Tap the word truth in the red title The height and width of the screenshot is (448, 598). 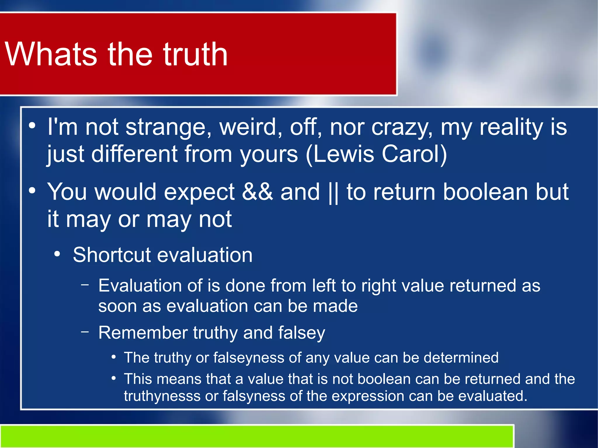click(x=195, y=54)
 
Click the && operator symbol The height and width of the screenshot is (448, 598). click(x=257, y=192)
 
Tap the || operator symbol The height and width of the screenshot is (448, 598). click(x=333, y=192)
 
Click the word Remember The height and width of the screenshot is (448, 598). click(x=143, y=333)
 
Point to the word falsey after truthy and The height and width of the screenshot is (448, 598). click(x=301, y=333)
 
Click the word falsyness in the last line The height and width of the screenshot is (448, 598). click(x=254, y=396)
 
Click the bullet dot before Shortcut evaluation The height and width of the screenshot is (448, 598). click(x=57, y=254)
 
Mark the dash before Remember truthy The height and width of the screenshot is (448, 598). click(x=85, y=332)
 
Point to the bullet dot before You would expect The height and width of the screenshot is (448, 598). click(x=32, y=191)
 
